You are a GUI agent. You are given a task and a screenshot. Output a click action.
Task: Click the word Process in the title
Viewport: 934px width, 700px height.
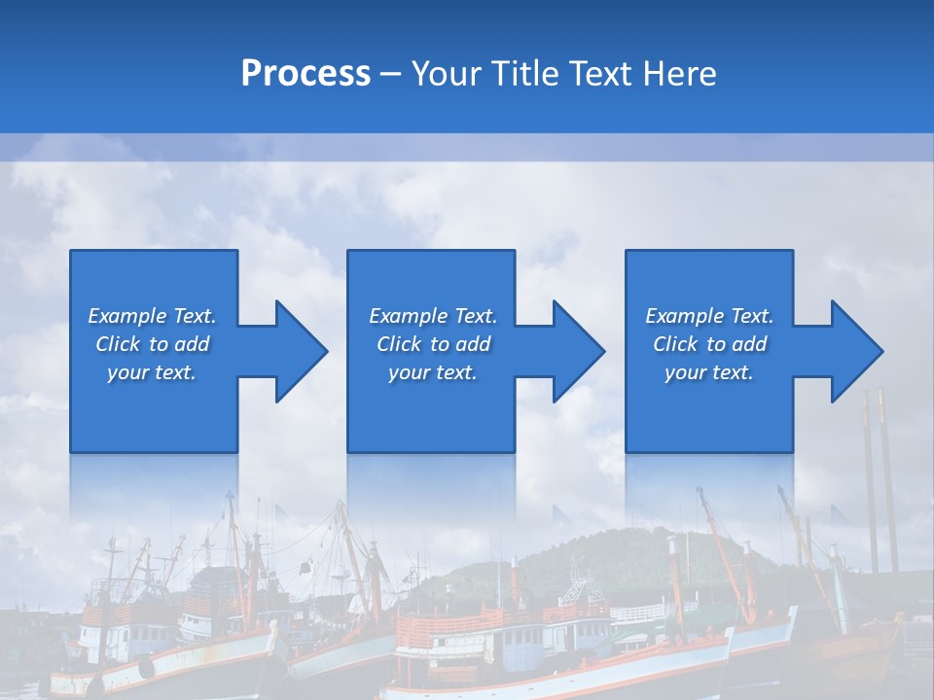click(305, 74)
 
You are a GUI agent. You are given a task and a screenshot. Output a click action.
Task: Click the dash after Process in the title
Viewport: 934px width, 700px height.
click(391, 74)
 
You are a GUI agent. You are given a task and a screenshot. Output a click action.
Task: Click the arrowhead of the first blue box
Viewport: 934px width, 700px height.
click(298, 352)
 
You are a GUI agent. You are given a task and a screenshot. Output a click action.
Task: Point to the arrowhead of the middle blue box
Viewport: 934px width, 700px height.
click(576, 352)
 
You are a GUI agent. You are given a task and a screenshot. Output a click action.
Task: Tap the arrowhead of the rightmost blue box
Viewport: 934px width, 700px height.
click(854, 352)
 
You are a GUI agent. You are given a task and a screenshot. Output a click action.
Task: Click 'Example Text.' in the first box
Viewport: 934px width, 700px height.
click(153, 316)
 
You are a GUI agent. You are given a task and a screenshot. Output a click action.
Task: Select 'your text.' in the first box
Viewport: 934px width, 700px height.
click(153, 372)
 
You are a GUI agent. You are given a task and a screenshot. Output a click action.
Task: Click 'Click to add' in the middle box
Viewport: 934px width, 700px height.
click(433, 344)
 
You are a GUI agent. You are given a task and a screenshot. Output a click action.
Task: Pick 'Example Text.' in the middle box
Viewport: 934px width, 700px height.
click(433, 316)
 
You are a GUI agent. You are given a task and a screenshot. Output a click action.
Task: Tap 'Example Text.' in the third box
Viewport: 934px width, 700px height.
click(709, 316)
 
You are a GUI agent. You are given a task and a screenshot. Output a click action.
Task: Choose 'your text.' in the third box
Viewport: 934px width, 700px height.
click(709, 372)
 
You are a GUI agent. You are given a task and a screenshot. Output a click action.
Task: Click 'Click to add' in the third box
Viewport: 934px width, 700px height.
click(709, 344)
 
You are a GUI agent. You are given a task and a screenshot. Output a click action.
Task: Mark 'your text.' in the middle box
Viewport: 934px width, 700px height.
click(433, 372)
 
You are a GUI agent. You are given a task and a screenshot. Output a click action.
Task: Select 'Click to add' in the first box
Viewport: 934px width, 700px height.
click(153, 344)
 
